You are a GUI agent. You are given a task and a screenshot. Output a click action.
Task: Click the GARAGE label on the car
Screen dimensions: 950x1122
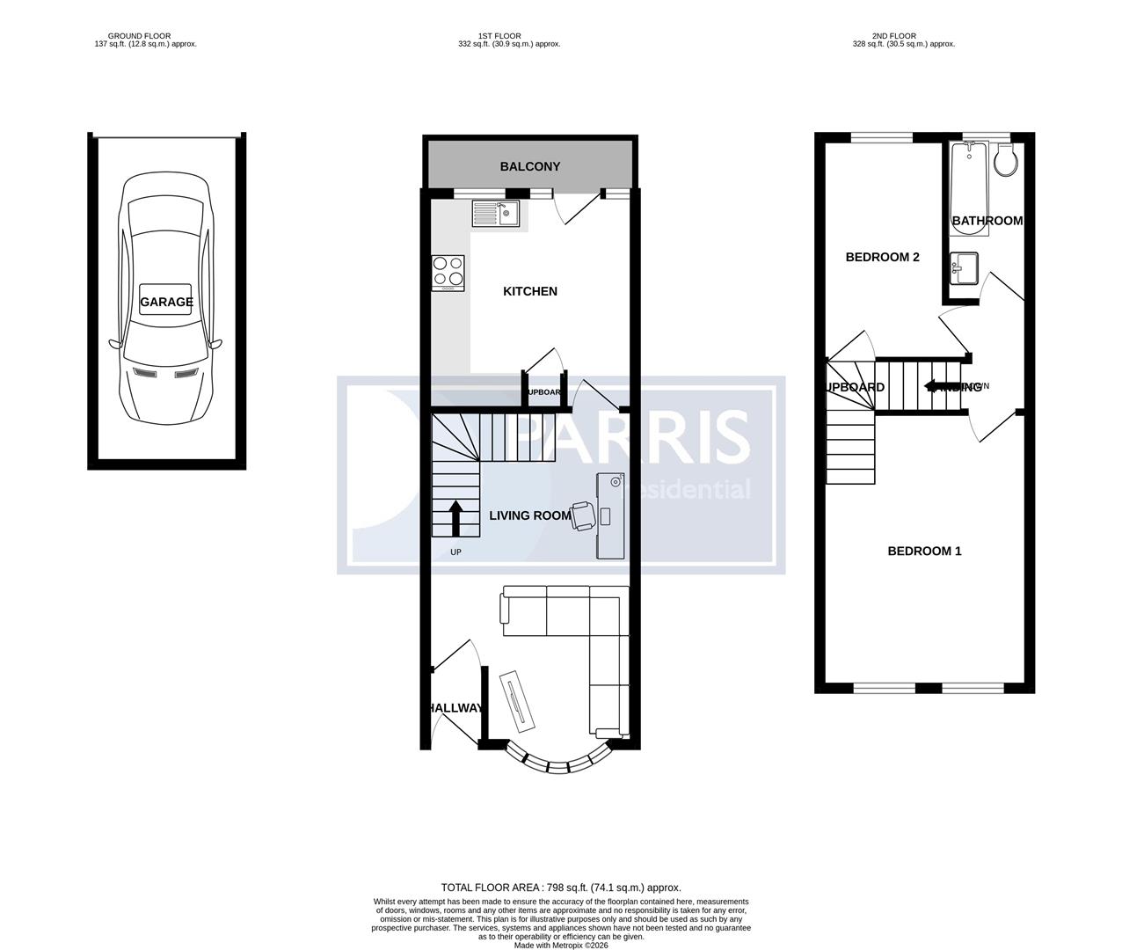pos(166,302)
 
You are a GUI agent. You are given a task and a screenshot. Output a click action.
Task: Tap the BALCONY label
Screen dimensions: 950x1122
pos(529,166)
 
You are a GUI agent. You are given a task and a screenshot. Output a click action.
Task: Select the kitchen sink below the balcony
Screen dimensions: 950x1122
pos(496,212)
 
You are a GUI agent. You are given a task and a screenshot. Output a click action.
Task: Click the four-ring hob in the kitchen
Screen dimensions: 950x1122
pos(448,272)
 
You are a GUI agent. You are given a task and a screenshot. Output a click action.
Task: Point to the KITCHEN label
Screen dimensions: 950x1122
pos(529,291)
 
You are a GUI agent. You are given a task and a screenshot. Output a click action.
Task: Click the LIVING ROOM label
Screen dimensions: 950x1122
pos(529,515)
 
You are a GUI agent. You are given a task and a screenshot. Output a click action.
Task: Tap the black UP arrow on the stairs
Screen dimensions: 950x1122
pos(455,518)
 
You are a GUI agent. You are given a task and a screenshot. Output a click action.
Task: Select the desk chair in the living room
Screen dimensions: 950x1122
pos(581,515)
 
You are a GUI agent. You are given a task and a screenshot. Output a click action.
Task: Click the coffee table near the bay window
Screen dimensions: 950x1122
pos(517,700)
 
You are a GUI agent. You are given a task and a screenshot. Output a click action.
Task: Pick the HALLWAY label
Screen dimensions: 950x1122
pos(455,708)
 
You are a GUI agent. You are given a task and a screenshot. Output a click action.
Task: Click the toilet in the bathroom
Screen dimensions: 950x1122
pos(1005,160)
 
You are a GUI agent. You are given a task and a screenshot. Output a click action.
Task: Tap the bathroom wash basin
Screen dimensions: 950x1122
pos(965,268)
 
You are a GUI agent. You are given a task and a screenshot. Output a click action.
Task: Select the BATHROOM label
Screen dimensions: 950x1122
pos(987,221)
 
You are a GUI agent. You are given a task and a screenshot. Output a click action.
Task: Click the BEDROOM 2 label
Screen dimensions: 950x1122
pos(882,257)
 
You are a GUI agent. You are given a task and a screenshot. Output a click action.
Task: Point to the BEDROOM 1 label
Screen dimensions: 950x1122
pos(924,551)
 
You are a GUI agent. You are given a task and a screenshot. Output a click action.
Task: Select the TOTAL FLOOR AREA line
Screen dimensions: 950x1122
pos(560,888)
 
